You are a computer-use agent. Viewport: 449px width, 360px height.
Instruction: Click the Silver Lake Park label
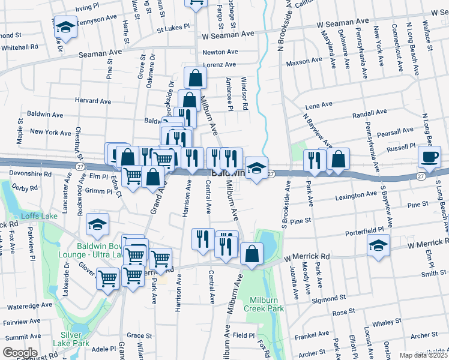pos(74,339)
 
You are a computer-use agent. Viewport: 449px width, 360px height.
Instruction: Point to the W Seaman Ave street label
pos(343,22)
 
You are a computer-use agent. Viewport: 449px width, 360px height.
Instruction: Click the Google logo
pos(19,352)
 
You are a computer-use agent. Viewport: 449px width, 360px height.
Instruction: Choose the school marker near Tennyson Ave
pos(65,27)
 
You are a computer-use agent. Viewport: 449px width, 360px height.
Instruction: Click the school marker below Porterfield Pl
pos(378,246)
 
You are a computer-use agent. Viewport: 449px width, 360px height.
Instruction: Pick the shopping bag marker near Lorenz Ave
pos(195,78)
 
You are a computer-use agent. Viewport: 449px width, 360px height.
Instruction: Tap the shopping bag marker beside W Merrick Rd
pos(252,254)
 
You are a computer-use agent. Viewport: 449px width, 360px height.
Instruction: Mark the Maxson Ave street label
pos(304,61)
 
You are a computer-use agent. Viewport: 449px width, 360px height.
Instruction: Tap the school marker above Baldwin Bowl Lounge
pos(97,226)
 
